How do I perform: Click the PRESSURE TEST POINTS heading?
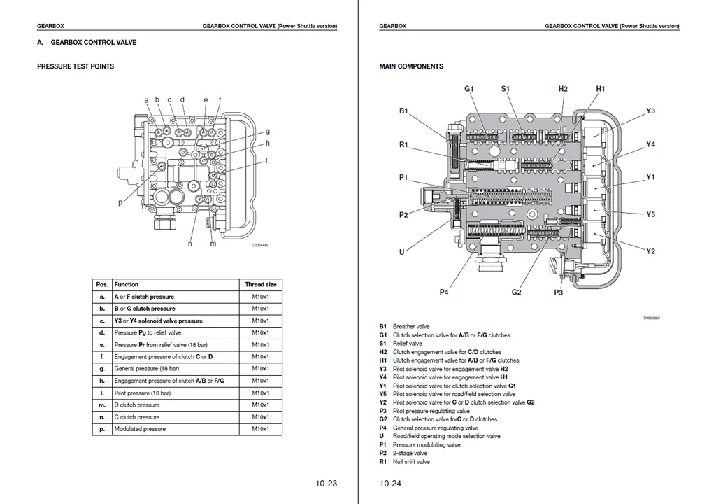[75, 66]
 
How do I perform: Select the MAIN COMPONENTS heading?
[410, 66]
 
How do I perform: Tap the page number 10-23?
[326, 483]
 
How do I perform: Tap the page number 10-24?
[391, 483]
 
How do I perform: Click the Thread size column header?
[260, 285]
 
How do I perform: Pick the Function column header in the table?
[127, 285]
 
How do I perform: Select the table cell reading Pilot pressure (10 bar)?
[142, 393]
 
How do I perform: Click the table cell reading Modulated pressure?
[140, 429]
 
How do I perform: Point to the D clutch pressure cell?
[137, 405]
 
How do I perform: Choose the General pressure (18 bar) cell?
[146, 369]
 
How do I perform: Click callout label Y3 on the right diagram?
[650, 111]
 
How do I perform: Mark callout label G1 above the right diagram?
[469, 89]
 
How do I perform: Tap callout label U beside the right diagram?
[402, 252]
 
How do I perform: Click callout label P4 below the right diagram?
[444, 292]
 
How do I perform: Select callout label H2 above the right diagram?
[563, 89]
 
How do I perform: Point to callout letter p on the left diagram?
[120, 202]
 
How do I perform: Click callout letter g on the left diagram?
[267, 131]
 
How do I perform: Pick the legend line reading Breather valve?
[411, 326]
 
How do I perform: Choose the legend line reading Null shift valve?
[411, 461]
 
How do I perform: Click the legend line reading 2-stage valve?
[410, 453]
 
